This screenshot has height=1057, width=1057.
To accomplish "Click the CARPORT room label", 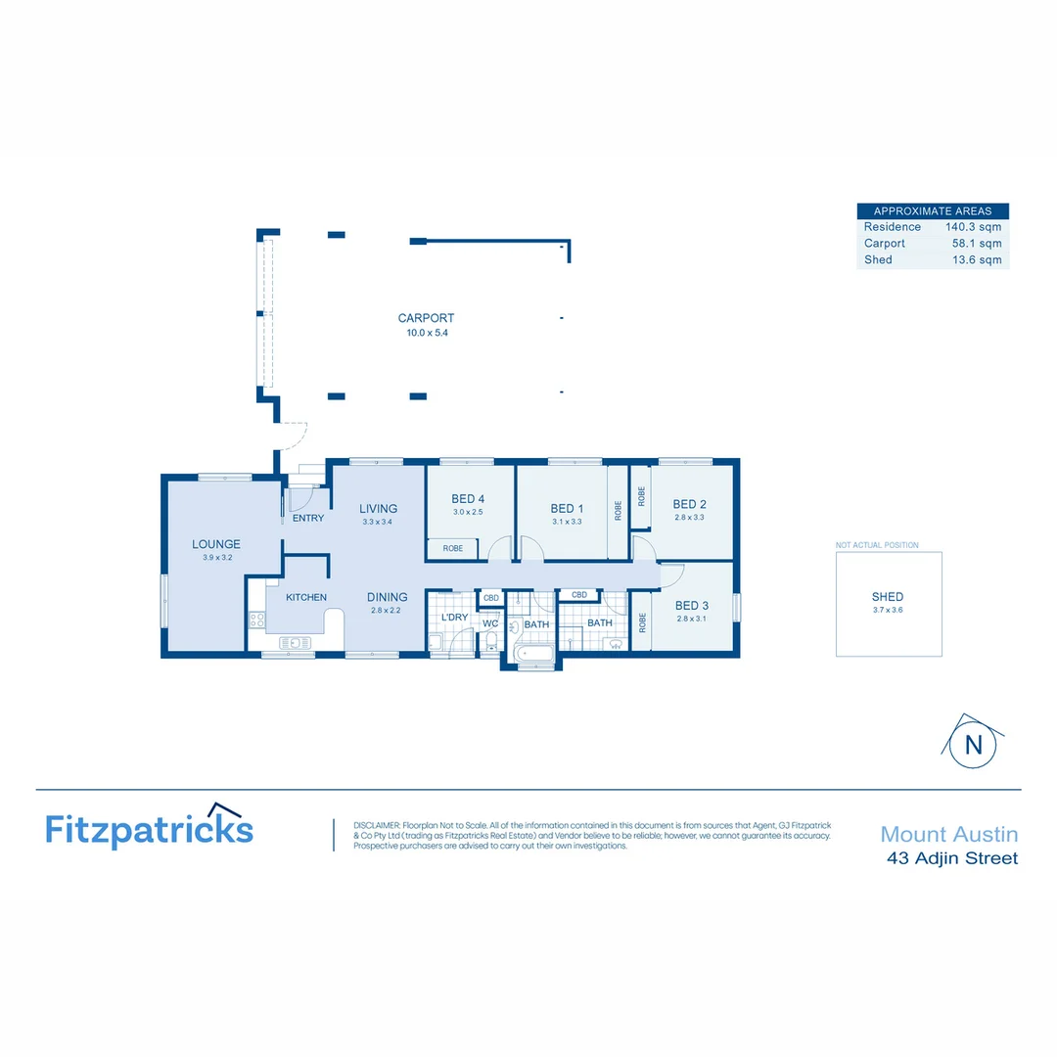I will coord(426,318).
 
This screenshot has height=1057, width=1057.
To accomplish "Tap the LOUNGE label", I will coord(216,544).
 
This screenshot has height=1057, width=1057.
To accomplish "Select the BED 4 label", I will coord(468,499).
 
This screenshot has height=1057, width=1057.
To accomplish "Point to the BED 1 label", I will coord(567,508).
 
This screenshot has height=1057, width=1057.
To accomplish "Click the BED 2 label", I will coord(689,505).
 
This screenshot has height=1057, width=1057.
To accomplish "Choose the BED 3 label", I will coord(691,606).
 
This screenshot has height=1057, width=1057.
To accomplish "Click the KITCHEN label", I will coord(306,597).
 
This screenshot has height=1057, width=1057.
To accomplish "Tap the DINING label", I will coord(388,597).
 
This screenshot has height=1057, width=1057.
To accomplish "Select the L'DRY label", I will coord(454,618).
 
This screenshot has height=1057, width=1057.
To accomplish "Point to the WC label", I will coord(490,622).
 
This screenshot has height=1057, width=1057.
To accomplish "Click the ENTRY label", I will coord(308,518).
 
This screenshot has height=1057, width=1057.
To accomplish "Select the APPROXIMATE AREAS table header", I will coord(932,210).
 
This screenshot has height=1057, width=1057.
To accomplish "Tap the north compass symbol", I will coord(973,743).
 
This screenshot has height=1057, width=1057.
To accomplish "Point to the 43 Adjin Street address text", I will coord(951,858).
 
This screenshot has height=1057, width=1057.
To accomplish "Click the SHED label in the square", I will coord(888,596).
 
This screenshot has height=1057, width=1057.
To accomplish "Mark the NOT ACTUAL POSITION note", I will coord(877,545).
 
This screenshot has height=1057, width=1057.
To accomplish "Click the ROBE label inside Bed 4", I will coord(452,549).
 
